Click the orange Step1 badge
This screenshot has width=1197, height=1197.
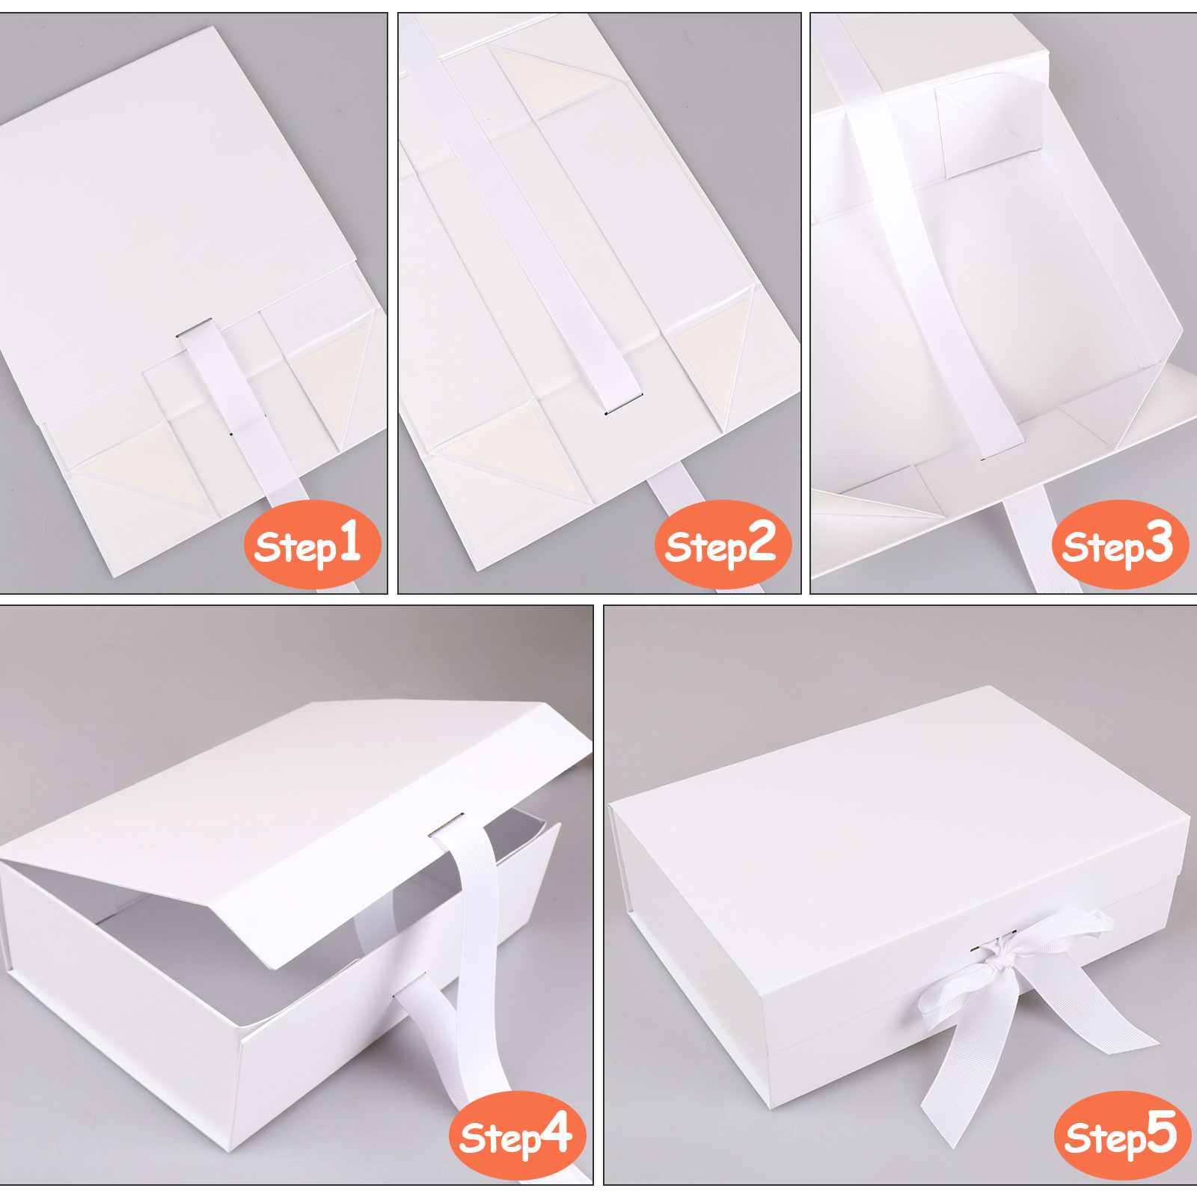(x=312, y=544)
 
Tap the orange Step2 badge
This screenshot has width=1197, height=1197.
(x=723, y=544)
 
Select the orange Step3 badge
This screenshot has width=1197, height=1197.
(x=1120, y=544)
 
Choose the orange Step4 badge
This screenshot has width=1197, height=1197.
(x=517, y=1135)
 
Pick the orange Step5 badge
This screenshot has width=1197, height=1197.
(x=1121, y=1135)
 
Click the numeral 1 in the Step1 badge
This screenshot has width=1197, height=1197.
(x=349, y=541)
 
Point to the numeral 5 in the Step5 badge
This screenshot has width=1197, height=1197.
(x=1162, y=1132)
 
